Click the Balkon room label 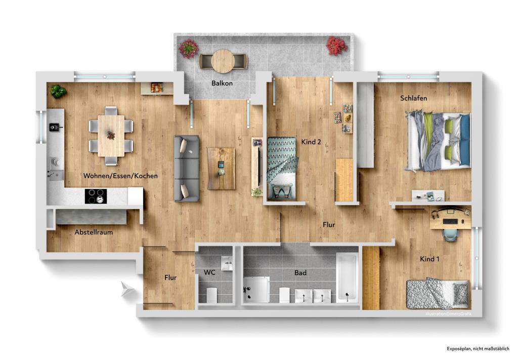(x=222, y=83)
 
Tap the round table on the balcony (x=223, y=62)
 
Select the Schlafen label (x=410, y=98)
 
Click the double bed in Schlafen (x=439, y=142)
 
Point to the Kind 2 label (x=311, y=142)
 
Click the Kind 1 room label (x=429, y=259)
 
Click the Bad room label (x=300, y=273)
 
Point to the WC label (x=209, y=272)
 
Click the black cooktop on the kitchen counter (x=95, y=196)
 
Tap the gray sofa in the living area (x=186, y=168)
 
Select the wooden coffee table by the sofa (x=221, y=168)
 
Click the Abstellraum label (x=94, y=232)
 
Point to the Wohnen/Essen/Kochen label (x=120, y=176)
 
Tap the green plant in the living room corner (x=58, y=92)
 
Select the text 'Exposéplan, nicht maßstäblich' (x=478, y=349)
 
